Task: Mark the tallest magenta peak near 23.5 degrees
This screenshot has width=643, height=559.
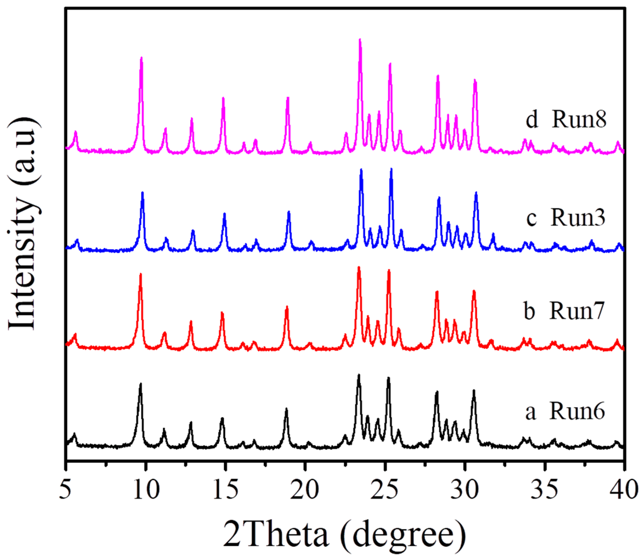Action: [x=360, y=40]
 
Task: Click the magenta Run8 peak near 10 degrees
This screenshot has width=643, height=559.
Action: [x=141, y=58]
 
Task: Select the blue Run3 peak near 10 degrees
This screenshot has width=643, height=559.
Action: [x=142, y=193]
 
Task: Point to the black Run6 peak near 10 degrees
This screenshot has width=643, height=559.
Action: [x=141, y=384]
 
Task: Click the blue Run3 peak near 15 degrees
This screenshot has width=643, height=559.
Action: [x=224, y=214]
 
